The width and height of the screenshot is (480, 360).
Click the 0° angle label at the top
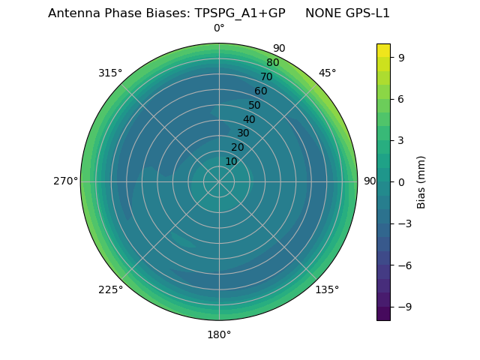(x=219, y=28)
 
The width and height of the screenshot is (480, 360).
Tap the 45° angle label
(x=327, y=73)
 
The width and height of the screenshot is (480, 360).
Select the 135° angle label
(x=327, y=289)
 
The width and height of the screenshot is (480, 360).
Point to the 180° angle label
(x=219, y=334)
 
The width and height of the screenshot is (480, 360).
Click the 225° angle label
(x=110, y=289)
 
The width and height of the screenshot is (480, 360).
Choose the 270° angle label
(x=65, y=181)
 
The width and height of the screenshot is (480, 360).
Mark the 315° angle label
(x=110, y=73)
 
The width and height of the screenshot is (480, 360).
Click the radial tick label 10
(x=231, y=161)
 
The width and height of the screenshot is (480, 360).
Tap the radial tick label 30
(x=243, y=133)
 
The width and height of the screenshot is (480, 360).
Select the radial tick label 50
(x=255, y=105)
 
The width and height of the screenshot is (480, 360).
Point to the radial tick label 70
(x=266, y=76)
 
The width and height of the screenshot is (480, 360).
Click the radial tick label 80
(x=272, y=63)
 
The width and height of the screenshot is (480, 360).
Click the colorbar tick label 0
(x=401, y=181)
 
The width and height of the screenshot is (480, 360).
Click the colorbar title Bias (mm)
(x=421, y=181)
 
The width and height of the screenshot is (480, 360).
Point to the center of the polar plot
(x=219, y=181)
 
